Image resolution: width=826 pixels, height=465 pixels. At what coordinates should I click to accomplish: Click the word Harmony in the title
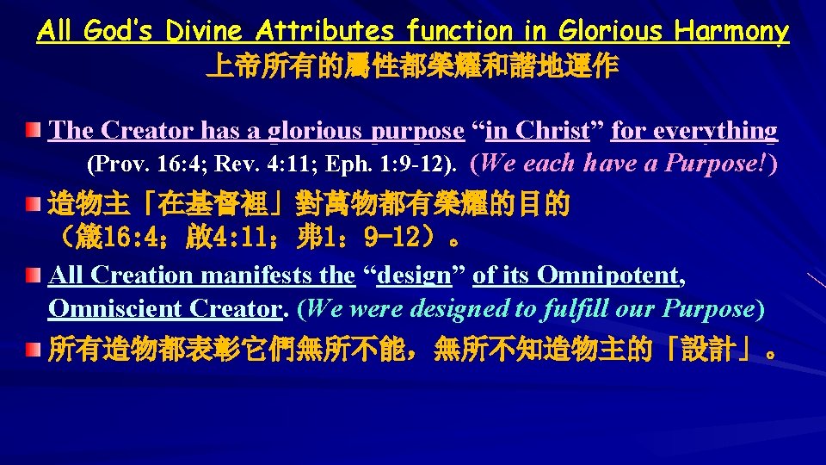731,33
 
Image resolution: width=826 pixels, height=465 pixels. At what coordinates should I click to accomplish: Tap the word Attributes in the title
326,32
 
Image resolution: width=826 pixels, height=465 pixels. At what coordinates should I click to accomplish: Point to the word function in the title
460,33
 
